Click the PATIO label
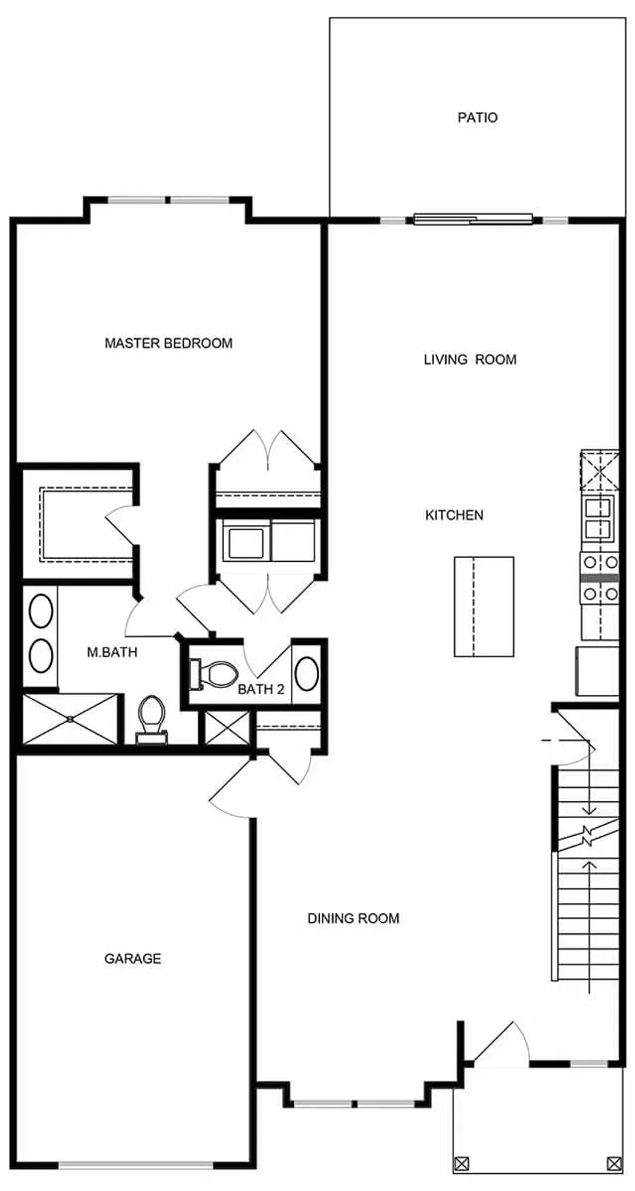[x=477, y=117]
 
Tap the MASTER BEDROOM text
[x=168, y=343]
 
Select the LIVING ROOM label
[x=470, y=360]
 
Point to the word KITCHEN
[x=454, y=515]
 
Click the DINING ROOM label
[x=353, y=919]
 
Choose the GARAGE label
[x=132, y=958]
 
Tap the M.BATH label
[x=112, y=653]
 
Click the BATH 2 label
[x=261, y=690]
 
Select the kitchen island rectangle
[x=484, y=607]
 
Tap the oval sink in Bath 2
[x=306, y=673]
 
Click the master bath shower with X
[x=70, y=718]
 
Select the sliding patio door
[x=473, y=219]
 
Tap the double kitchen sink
[x=599, y=518]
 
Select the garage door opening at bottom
[x=136, y=1166]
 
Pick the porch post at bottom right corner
[x=613, y=1164]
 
